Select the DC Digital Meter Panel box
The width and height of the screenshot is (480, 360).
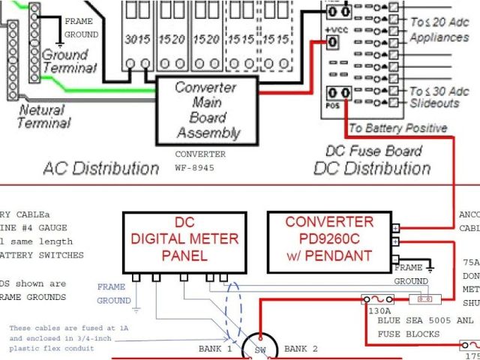(184, 238)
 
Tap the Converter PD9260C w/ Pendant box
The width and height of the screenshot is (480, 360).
(328, 238)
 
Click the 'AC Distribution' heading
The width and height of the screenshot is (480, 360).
(100, 166)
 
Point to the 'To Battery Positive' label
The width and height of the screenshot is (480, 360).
(398, 127)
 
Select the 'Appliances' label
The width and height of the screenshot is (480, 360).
(439, 36)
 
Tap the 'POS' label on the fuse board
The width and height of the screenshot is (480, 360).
(330, 106)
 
